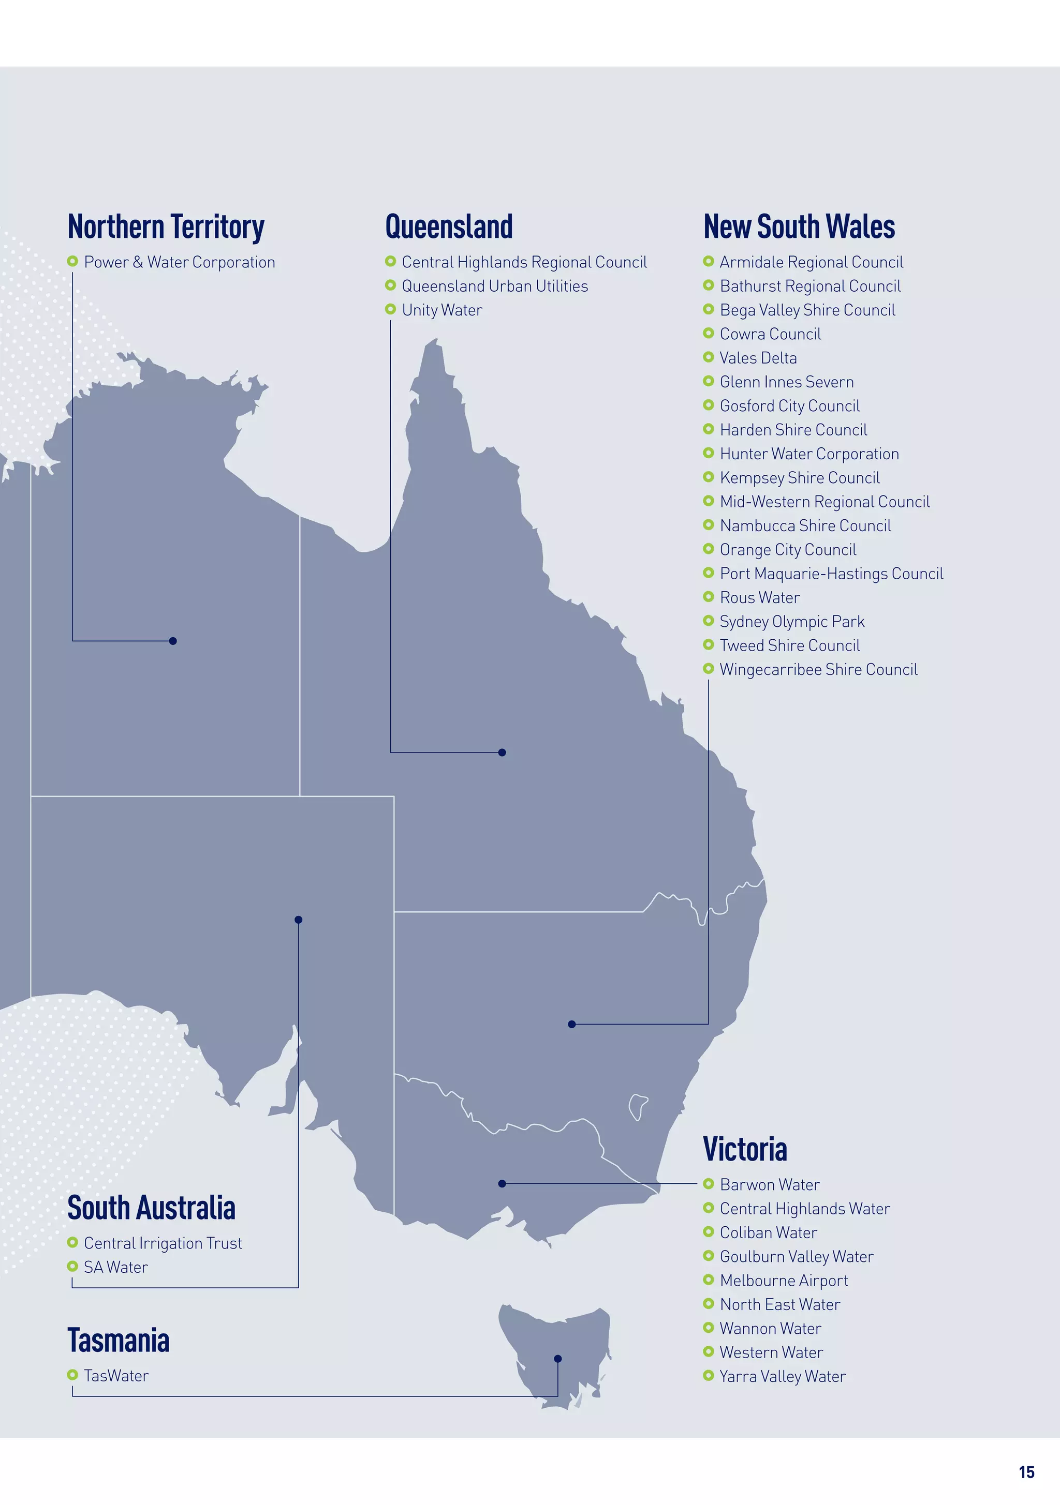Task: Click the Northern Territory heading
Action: pos(166,227)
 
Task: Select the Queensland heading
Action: pos(449,227)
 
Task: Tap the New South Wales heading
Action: pos(799,227)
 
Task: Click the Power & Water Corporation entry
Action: pos(179,262)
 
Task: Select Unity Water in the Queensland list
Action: pos(441,310)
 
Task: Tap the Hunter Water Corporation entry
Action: pos(809,454)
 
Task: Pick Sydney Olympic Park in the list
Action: pos(792,622)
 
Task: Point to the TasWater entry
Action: pos(116,1376)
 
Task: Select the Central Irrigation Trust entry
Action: pos(163,1243)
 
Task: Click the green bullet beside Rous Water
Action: pos(709,597)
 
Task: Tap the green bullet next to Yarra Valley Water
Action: pos(709,1376)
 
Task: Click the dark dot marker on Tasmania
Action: pos(557,1359)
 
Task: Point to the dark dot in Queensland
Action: pos(502,753)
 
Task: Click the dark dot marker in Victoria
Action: pos(502,1184)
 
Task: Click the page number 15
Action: pos(1026,1473)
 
